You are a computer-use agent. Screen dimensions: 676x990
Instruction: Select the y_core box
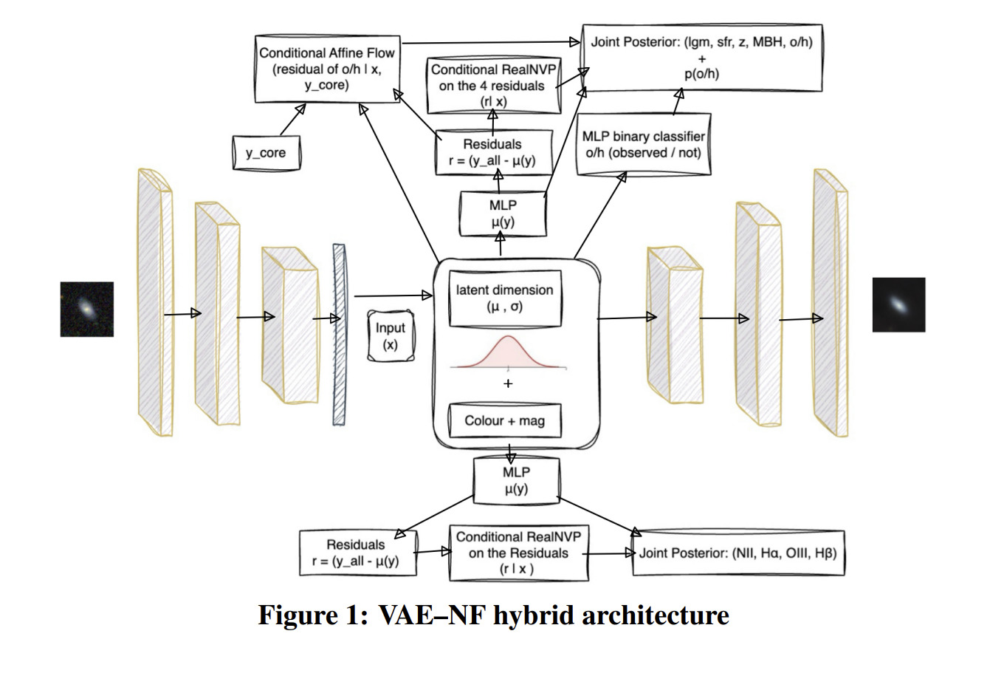tap(266, 153)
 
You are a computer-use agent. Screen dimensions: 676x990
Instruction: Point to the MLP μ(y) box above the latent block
tap(502, 214)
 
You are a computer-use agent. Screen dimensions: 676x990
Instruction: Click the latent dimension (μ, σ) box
tap(504, 297)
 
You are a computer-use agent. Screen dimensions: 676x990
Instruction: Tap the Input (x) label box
tap(391, 336)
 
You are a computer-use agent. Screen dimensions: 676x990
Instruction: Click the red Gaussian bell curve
tap(508, 353)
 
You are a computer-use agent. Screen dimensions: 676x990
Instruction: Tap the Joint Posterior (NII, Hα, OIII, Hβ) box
tap(738, 552)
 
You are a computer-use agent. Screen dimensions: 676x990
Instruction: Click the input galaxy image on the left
tap(87, 309)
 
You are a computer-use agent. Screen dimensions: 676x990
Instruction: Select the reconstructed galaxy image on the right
tap(898, 304)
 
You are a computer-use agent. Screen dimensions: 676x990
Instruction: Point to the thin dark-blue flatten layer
tap(340, 335)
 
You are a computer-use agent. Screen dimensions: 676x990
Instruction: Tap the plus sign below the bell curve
tap(508, 383)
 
